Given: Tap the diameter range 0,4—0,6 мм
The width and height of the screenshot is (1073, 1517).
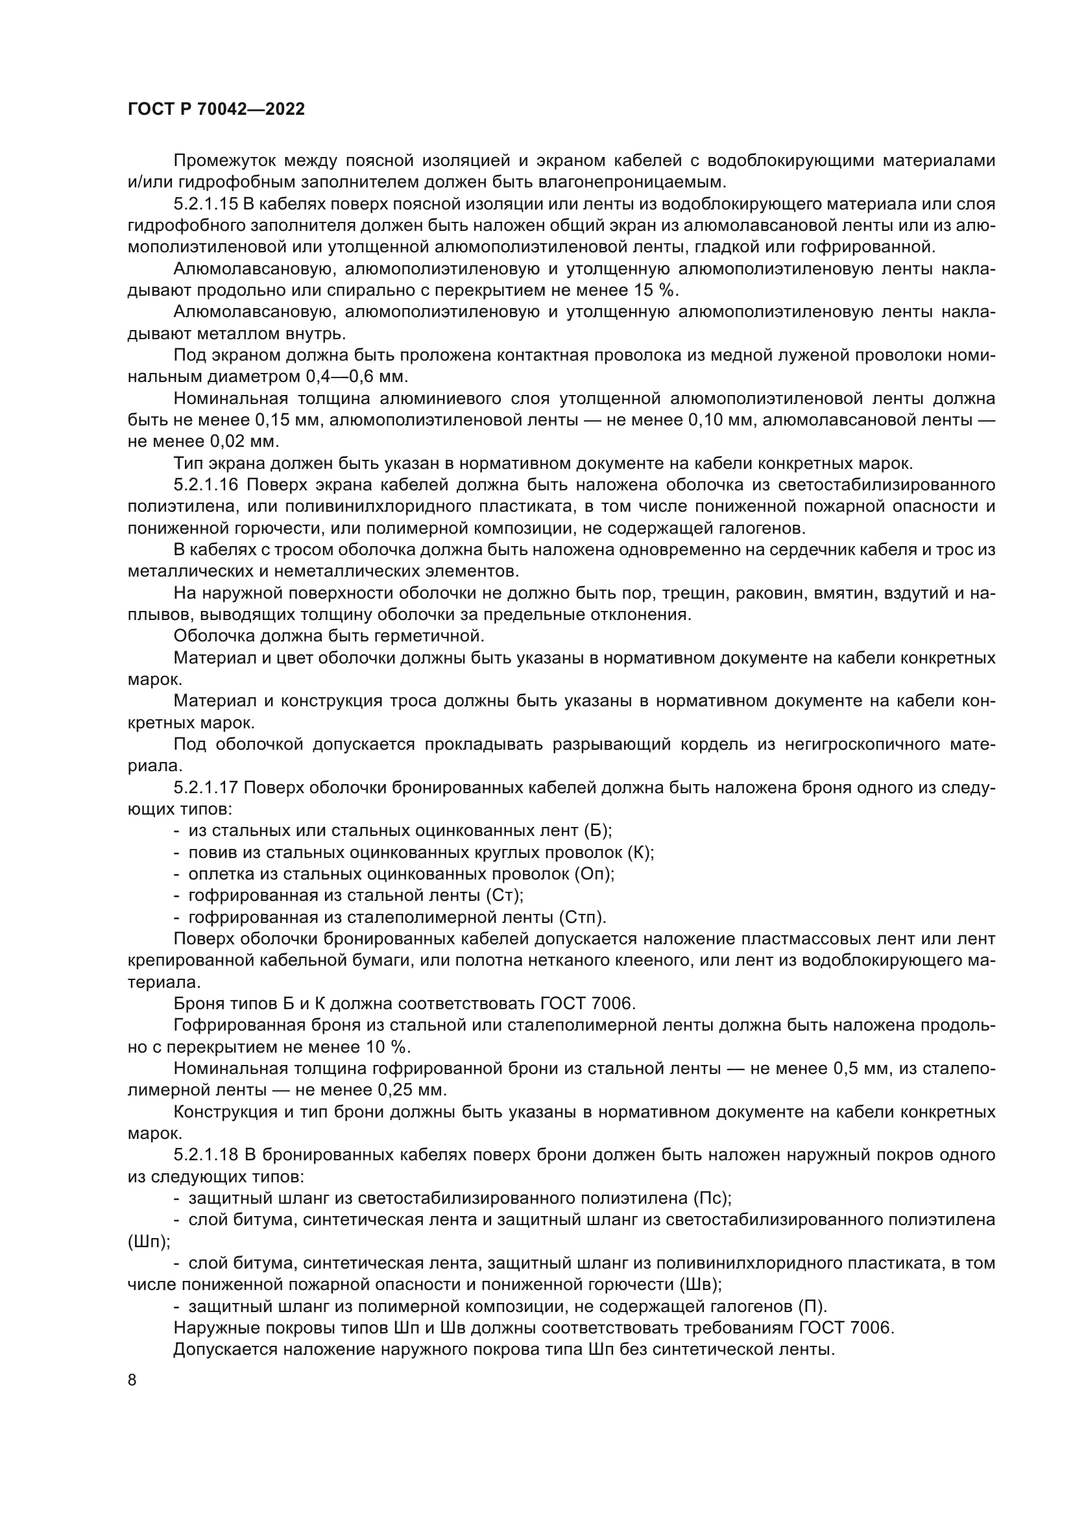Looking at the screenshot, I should pyautogui.click(x=357, y=377).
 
